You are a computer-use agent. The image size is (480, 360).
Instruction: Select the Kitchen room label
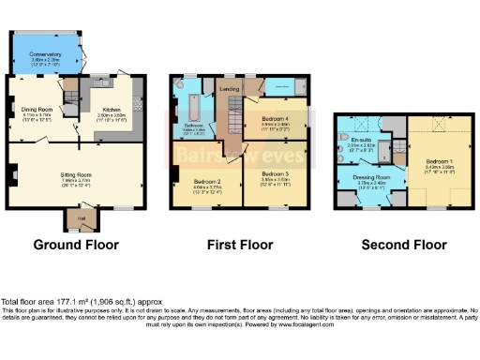point(112,109)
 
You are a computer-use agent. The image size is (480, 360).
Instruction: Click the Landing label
point(229,90)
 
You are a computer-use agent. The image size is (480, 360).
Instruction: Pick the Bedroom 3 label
point(275,174)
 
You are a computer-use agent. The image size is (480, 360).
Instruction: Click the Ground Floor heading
point(76,245)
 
